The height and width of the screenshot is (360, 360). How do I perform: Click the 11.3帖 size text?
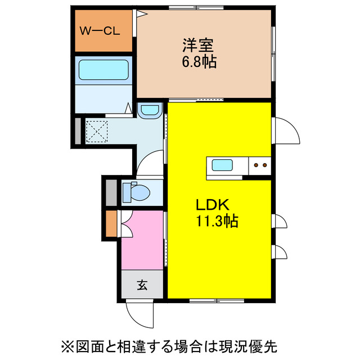pos(217,221)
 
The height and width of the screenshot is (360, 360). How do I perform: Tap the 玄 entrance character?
pos(142,285)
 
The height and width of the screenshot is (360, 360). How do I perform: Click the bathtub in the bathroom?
pos(104,70)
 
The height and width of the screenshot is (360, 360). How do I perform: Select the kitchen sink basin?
pos(222,165)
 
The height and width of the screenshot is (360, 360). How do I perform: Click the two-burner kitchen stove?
pos(260,165)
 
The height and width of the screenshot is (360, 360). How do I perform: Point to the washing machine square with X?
pos(96,133)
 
